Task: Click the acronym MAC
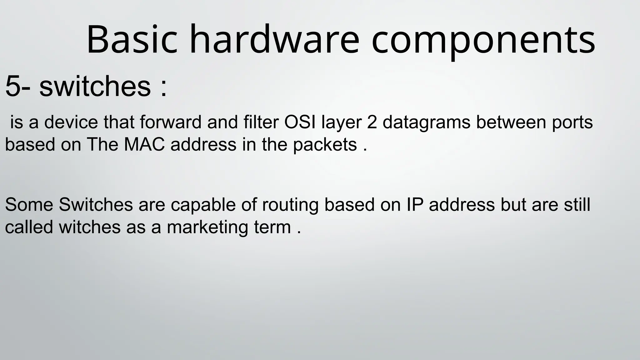pyautogui.click(x=144, y=144)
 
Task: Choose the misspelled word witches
pyautogui.click(x=89, y=227)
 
